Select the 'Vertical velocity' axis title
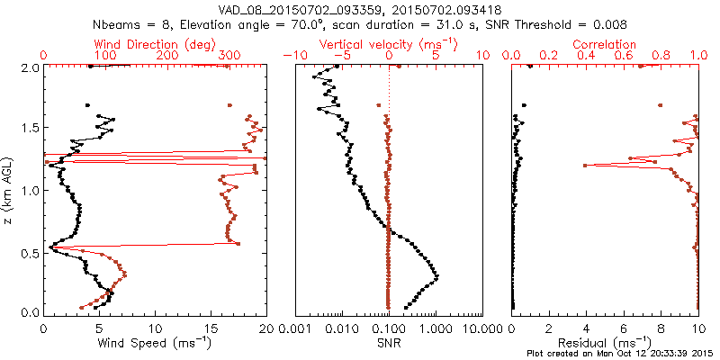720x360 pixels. click(389, 44)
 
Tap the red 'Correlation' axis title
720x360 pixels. click(605, 44)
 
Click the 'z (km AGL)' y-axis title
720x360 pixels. click(8, 189)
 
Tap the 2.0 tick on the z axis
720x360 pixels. click(29, 67)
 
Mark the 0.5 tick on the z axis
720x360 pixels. click(29, 252)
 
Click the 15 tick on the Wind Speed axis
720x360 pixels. click(211, 328)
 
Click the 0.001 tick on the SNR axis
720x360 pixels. click(297, 328)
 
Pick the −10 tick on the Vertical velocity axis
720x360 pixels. click(292, 55)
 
